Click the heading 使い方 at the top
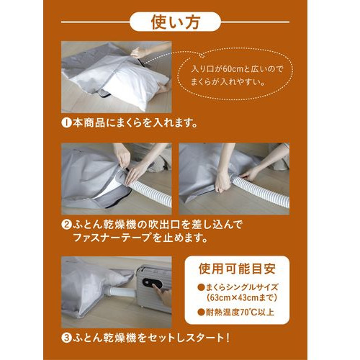[x=176, y=22]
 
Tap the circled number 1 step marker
[x=66, y=123]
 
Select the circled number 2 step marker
[x=66, y=225]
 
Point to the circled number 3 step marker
[x=66, y=338]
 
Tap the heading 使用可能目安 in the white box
[x=237, y=269]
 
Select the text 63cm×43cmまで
[x=242, y=298]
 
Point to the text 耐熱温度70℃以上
[x=240, y=312]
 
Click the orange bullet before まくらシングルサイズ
[x=201, y=287]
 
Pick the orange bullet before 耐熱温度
[x=201, y=312]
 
